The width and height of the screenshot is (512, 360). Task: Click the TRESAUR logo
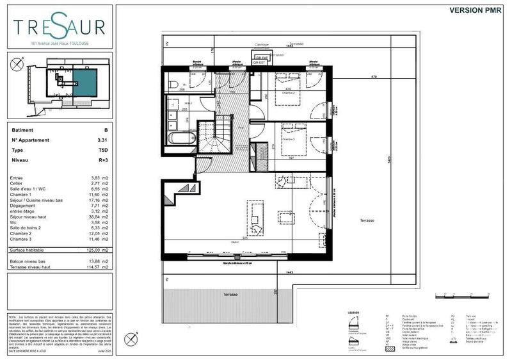[60, 28]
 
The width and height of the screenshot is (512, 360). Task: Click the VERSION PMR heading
[475, 10]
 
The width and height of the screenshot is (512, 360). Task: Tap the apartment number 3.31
[102, 139]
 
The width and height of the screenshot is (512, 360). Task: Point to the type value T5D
[102, 151]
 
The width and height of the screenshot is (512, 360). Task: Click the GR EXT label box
[260, 60]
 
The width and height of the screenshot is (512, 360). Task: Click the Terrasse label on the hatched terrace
[230, 294]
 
